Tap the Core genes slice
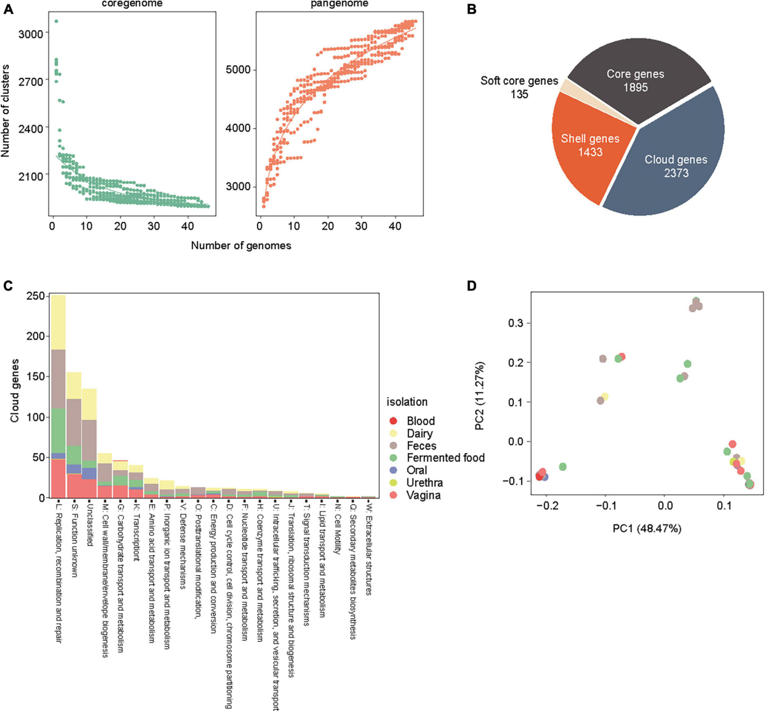635,80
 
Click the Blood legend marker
393,421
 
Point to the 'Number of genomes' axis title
241,245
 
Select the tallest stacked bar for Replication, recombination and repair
58,396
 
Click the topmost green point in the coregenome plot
56,21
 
